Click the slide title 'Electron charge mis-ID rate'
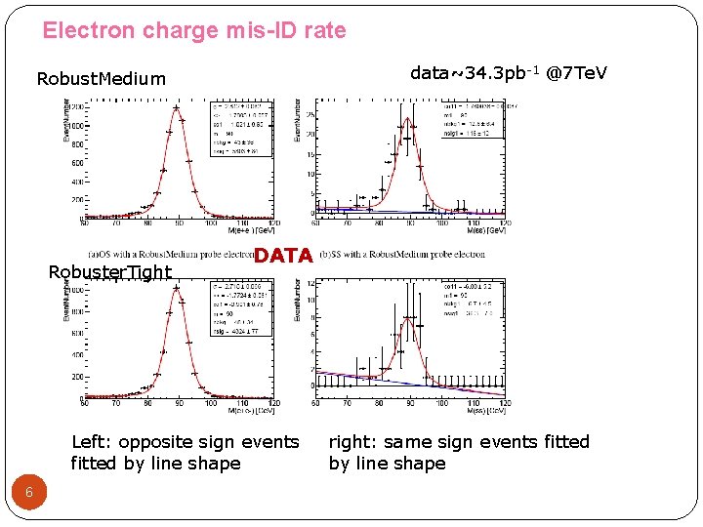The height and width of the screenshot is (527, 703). pos(193,30)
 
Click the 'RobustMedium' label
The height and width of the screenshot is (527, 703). pos(101,78)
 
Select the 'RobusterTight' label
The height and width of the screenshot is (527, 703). pos(109,272)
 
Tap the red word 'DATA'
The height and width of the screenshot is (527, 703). pos(283,256)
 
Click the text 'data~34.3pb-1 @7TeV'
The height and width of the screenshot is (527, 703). pos(508,73)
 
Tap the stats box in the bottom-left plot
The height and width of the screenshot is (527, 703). pos(240,306)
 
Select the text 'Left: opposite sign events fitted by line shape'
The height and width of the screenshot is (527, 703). pos(185,453)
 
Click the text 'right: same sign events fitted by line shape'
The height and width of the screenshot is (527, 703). pos(459,453)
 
